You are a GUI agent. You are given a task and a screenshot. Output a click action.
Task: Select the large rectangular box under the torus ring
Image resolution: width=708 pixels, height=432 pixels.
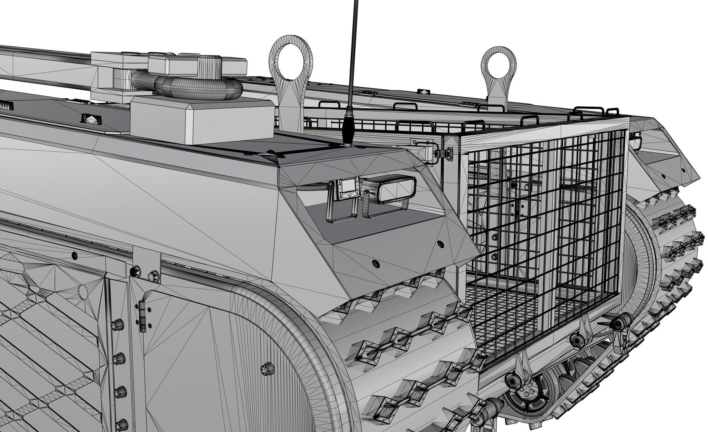tap(202, 120)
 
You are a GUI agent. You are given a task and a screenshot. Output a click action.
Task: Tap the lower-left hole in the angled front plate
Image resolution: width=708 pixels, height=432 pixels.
tap(375, 263)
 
